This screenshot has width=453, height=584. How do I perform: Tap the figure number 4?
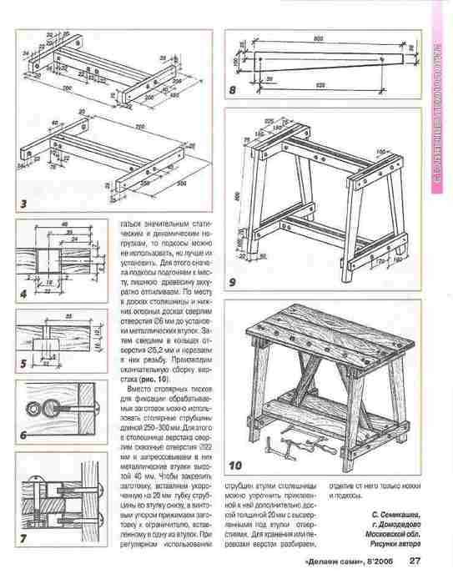click(24, 294)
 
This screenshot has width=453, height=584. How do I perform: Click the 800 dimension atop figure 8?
click(318, 39)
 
